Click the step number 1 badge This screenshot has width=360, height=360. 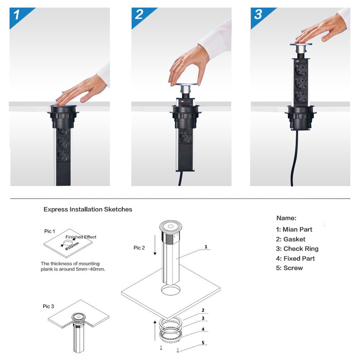[17, 15]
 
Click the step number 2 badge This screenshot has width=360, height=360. [139, 15]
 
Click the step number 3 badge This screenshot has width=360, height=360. [258, 15]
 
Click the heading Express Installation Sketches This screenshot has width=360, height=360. [88, 209]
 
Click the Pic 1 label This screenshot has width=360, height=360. [50, 231]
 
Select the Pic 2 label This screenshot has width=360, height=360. [140, 247]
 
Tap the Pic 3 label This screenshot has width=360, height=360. [49, 306]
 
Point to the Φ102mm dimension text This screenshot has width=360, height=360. [72, 247]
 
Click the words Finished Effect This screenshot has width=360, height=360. [81, 237]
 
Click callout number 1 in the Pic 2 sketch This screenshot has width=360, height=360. [206, 247]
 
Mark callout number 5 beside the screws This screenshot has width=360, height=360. [203, 343]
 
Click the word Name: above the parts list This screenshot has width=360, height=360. [286, 218]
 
